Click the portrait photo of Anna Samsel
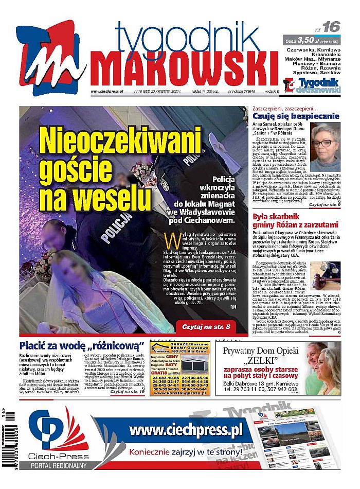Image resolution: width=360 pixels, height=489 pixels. [x=325, y=147]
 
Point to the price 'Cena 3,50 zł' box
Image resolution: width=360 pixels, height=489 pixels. [x=313, y=39]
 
